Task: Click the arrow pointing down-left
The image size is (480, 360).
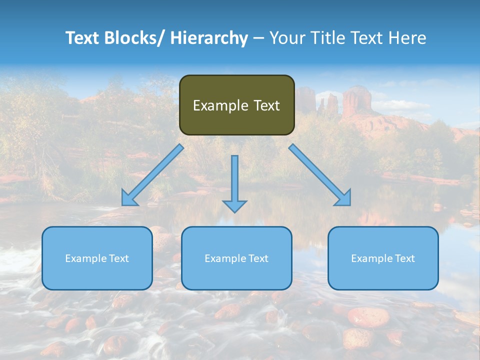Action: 152,175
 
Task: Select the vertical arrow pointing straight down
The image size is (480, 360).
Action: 234,180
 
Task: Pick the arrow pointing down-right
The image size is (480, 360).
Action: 320,175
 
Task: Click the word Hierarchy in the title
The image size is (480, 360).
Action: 209,38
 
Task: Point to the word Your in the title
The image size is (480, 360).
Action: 287,38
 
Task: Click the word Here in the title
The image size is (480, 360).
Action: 407,38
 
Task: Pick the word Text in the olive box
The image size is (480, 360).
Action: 266,105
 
